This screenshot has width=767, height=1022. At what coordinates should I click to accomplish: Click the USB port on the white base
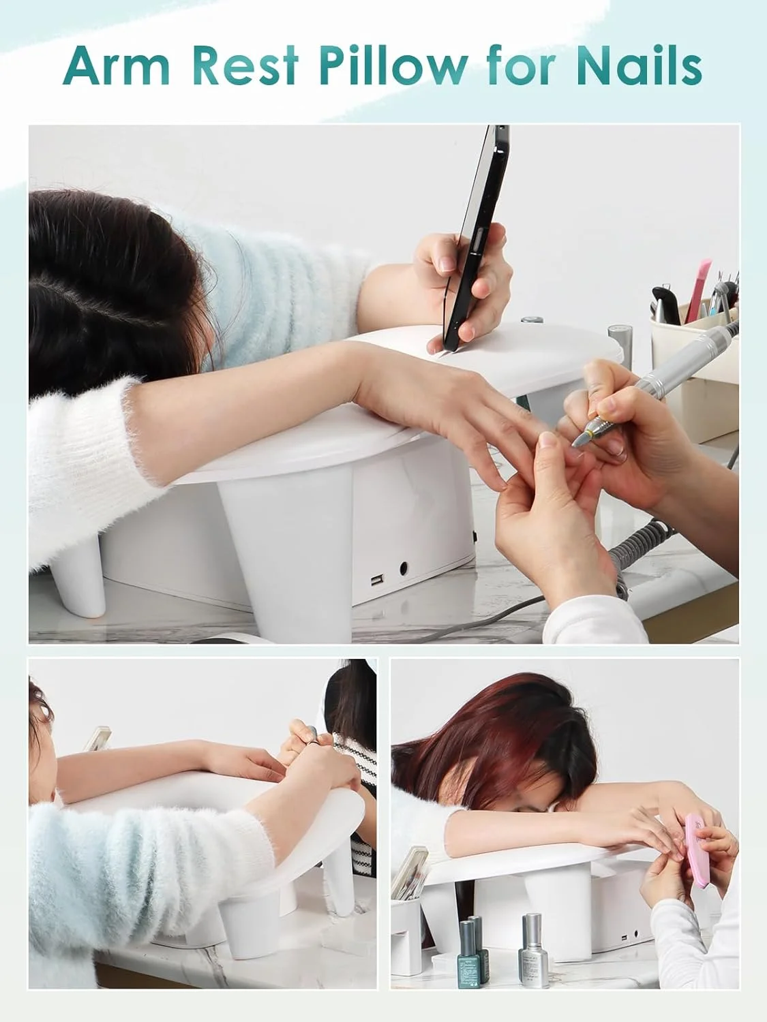[376, 580]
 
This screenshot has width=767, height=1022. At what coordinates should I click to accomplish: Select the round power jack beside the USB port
[404, 568]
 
